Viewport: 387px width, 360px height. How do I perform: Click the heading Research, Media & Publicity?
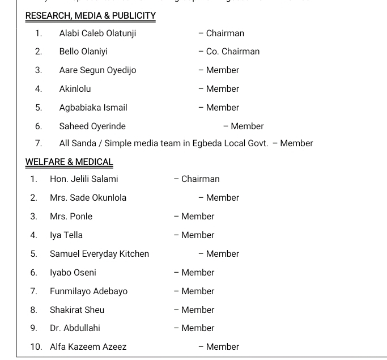coord(91,16)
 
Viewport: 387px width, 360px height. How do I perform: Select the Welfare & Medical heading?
coord(69,162)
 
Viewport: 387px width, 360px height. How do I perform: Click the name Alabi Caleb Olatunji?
coord(97,33)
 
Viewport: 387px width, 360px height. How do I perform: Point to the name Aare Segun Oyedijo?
coord(97,70)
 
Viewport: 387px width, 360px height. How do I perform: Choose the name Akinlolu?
coord(75,89)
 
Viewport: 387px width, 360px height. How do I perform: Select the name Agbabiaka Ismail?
coord(93,108)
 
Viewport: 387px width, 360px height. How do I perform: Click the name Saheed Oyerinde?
coord(92,126)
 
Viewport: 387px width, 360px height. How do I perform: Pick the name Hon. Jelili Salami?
coord(84,179)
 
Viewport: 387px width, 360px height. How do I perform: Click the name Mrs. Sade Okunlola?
coord(88,198)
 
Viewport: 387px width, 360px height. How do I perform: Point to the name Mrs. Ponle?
coord(71,217)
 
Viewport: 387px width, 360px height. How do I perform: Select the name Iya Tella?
coord(66,235)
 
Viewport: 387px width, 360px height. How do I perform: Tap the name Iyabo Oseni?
coord(73,273)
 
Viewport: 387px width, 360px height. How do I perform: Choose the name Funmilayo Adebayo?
coord(88,291)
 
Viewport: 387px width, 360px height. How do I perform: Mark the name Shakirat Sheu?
coord(77,310)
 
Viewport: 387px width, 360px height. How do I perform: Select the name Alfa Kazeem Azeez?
coord(88,347)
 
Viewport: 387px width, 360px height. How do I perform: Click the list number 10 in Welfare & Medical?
coord(36,347)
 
